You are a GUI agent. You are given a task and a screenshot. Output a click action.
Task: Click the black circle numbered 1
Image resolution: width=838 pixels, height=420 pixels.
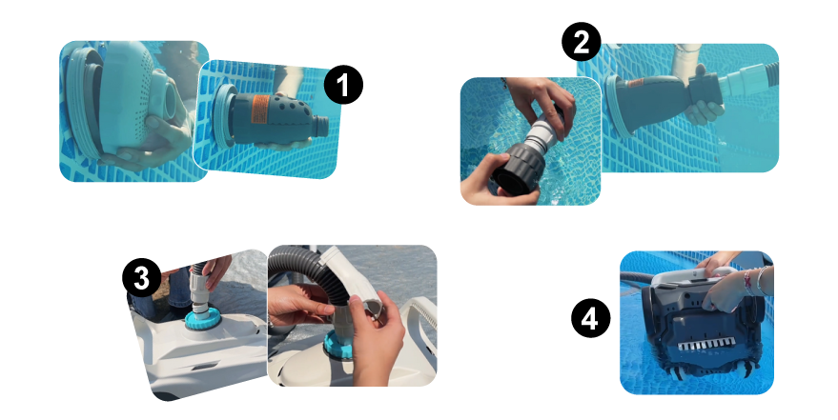[x=343, y=85]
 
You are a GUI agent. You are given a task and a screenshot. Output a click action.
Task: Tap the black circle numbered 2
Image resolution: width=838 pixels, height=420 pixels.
[x=582, y=42]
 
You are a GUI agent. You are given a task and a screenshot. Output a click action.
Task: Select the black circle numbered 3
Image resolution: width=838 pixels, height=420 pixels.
[x=142, y=278]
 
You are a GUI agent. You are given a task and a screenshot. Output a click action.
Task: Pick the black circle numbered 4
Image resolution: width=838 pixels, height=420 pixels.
[x=590, y=319]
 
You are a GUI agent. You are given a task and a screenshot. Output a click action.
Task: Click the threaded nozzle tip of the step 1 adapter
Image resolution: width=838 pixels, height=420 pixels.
[x=320, y=127]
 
